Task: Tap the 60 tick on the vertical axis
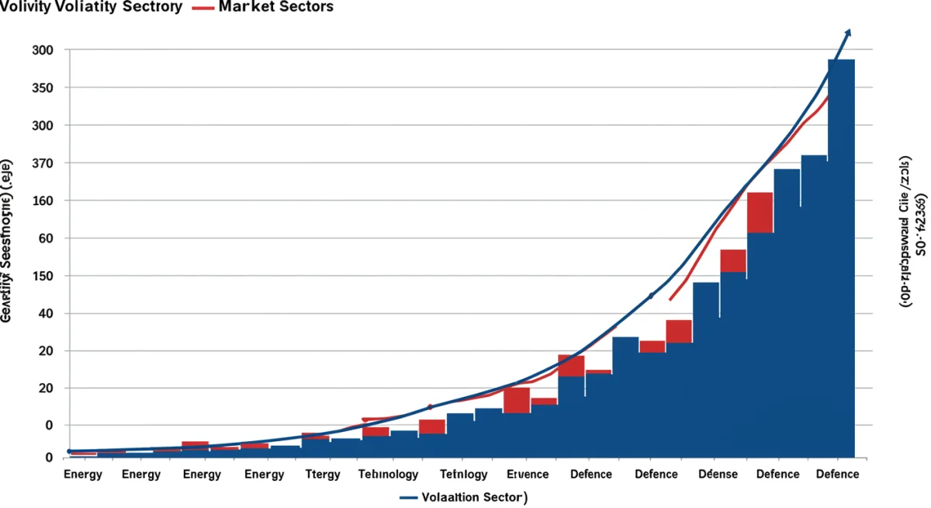click(45, 238)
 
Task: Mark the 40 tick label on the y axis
click(45, 314)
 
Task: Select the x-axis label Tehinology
click(389, 474)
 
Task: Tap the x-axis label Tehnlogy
click(463, 474)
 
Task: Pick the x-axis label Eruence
click(528, 474)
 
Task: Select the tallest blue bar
click(841, 256)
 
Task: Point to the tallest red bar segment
click(760, 212)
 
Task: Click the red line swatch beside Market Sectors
click(202, 7)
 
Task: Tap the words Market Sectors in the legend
click(276, 7)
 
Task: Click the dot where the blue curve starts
click(70, 451)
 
